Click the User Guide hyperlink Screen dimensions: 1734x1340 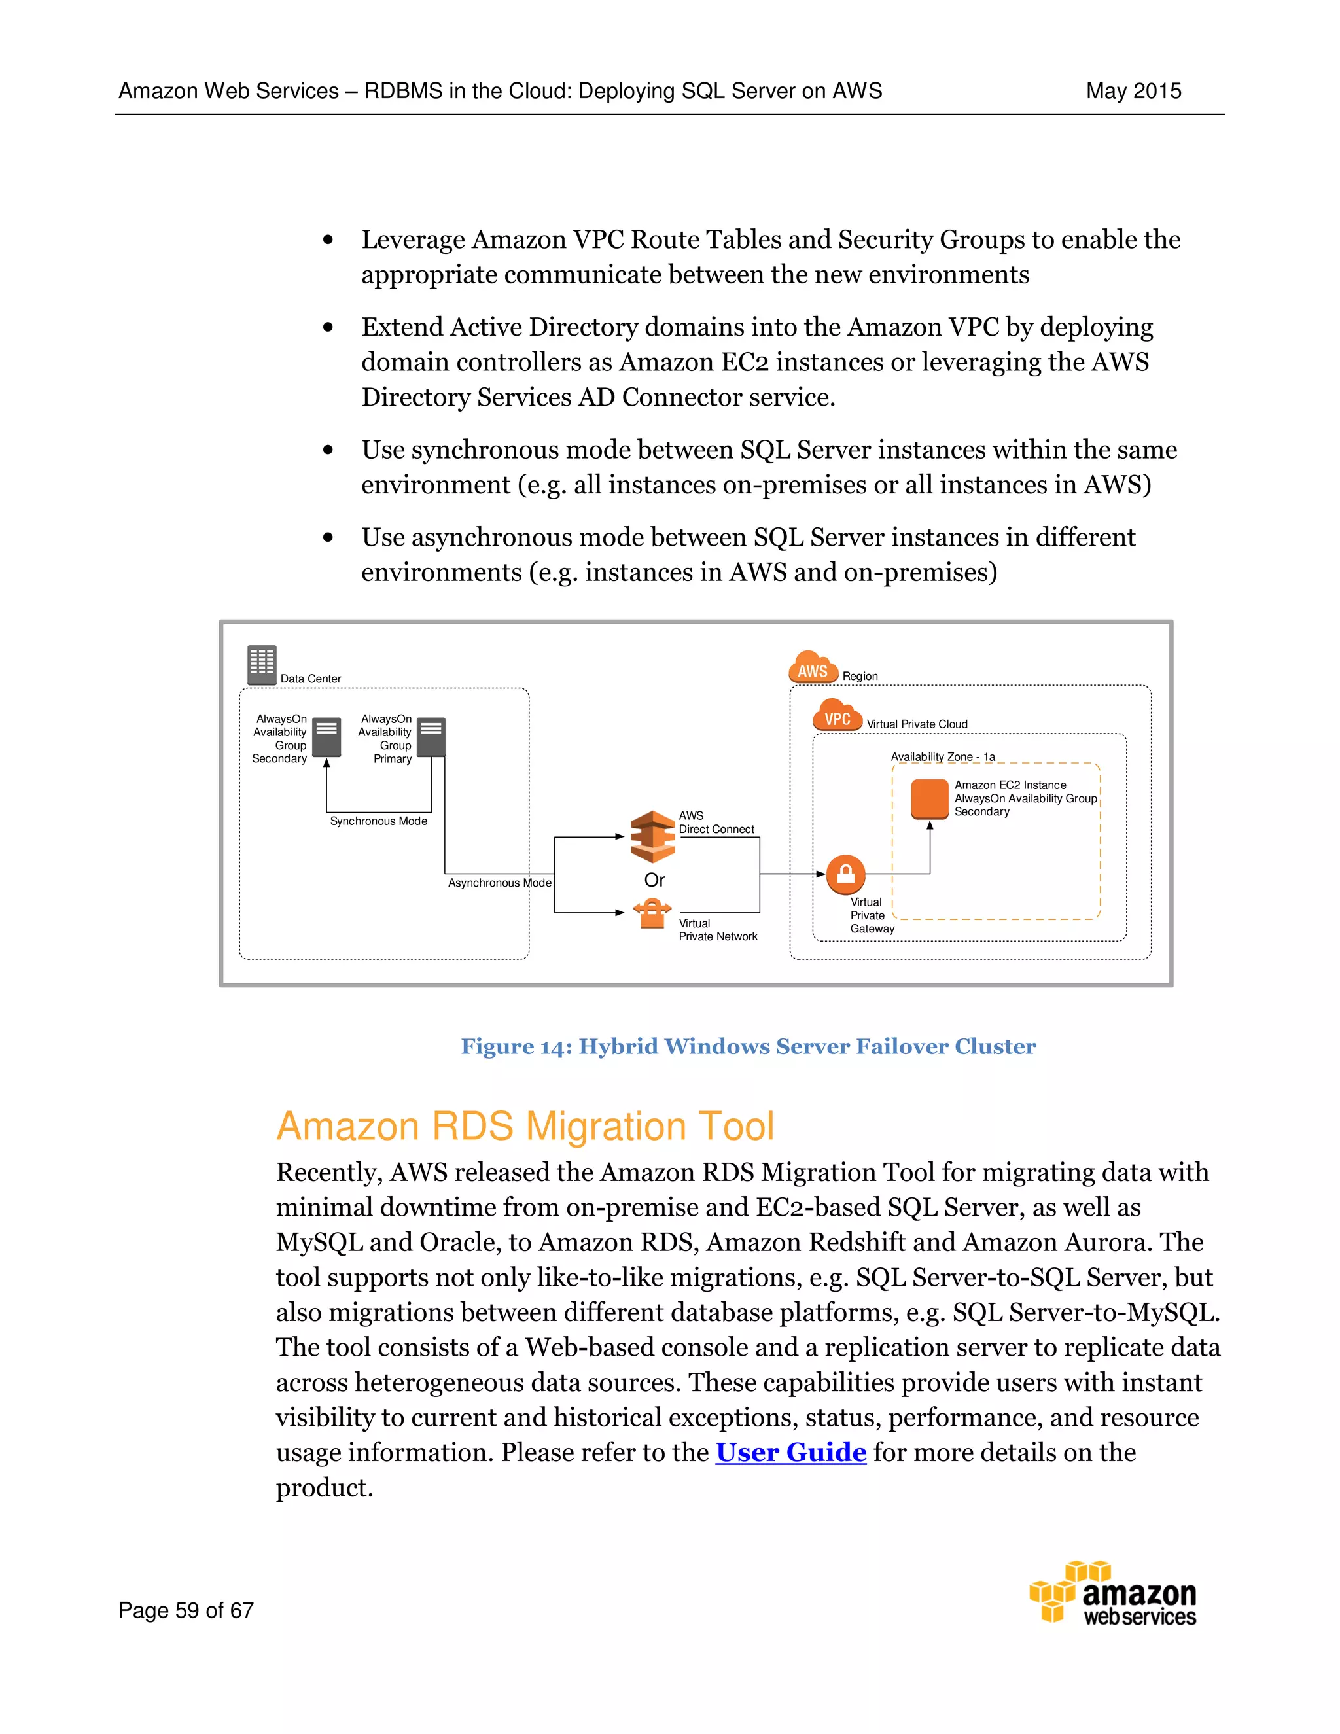790,1452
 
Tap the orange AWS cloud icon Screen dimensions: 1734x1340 813,669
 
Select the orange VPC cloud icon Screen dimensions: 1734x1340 837,716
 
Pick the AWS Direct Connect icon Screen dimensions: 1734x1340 652,836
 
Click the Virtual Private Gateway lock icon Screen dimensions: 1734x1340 845,874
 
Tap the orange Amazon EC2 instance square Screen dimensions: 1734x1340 930,799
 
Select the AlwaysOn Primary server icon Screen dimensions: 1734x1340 431,737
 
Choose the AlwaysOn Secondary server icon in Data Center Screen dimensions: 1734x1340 326,737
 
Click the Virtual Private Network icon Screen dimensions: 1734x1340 652,913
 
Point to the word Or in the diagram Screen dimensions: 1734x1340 654,879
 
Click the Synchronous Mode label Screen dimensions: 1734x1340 379,821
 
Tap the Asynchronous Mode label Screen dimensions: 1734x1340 499,883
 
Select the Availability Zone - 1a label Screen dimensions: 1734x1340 942,756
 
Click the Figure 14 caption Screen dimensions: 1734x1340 748,1046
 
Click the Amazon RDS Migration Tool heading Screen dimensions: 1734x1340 525,1126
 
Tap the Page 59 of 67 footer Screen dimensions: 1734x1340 186,1610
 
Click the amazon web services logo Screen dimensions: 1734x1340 1113,1593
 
